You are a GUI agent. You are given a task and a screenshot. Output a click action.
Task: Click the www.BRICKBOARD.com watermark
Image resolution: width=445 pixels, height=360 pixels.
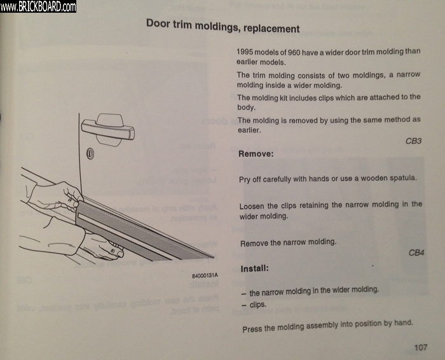(x=38, y=6)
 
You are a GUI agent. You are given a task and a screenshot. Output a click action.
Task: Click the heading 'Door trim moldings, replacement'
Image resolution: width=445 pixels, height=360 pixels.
(x=222, y=26)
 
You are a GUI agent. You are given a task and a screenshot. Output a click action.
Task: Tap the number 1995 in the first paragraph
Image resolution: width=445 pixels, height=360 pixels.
(x=245, y=52)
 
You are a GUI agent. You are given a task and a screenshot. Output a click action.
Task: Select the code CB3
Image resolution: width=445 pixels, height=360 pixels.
(x=413, y=141)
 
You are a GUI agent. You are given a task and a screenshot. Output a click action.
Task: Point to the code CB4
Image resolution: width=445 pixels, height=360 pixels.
(x=416, y=253)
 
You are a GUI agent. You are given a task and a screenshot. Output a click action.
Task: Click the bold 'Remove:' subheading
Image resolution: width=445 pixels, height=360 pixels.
(x=256, y=154)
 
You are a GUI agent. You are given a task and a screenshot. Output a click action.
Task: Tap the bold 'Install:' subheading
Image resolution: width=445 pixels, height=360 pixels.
(x=254, y=268)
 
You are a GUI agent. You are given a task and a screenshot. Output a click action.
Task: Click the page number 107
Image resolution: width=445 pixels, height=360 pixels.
(x=421, y=347)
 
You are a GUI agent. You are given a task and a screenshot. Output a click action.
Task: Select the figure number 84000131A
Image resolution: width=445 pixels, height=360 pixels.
(x=205, y=275)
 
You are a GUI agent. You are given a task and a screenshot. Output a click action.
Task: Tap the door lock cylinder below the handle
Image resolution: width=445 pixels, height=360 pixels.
(x=90, y=153)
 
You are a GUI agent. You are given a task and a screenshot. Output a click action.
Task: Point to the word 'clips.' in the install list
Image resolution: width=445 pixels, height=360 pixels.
(x=258, y=305)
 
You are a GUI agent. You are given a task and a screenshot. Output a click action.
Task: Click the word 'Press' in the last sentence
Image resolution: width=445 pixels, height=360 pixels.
(x=252, y=329)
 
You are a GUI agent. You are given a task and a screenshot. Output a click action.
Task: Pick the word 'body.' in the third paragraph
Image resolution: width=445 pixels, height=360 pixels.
(x=247, y=107)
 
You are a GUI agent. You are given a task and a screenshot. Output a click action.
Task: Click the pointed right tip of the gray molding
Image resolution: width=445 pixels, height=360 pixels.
(x=214, y=257)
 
